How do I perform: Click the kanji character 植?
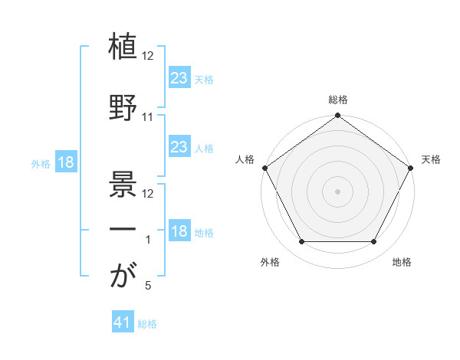pos(123,48)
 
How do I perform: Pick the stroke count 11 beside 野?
pos(148,117)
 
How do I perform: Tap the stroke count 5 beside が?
pos(148,286)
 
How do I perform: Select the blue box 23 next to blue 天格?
pos(179,77)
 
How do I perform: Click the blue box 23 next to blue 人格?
pos(179,146)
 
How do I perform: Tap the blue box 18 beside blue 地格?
pos(179,231)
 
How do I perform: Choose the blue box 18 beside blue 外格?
pos(65,162)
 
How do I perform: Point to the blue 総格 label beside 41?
pos(147,324)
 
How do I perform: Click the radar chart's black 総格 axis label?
pos(338,100)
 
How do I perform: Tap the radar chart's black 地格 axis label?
pos(402,263)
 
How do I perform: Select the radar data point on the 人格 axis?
pos(264,167)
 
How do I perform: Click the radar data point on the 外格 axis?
pos(301,242)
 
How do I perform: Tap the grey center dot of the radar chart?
pos(338,191)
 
